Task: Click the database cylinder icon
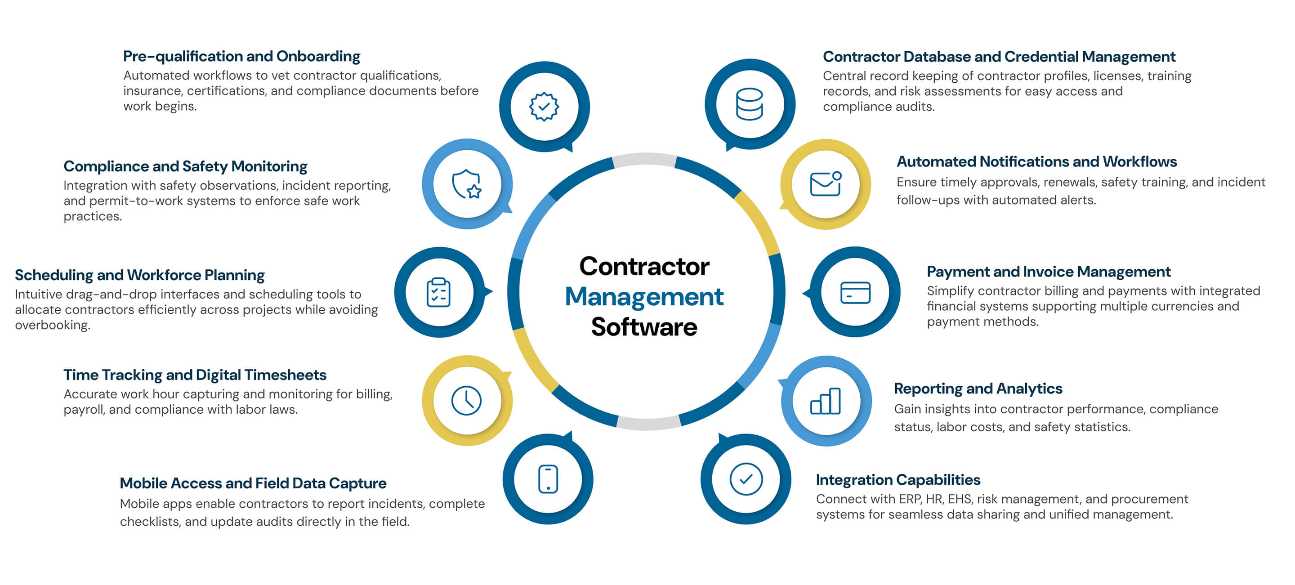[x=749, y=104]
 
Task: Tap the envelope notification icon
[x=826, y=184]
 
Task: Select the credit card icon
[x=855, y=292]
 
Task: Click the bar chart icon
[x=826, y=401]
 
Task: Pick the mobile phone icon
[x=548, y=479]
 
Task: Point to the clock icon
[x=467, y=401]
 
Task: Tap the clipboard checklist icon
[x=438, y=292]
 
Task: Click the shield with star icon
[x=467, y=184]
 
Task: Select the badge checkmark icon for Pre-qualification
[x=544, y=106]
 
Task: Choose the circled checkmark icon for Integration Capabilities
[x=746, y=479]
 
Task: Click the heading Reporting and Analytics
[x=978, y=389]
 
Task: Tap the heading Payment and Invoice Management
[x=1048, y=272]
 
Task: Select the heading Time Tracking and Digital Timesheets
[x=195, y=375]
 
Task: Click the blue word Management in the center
[x=644, y=296]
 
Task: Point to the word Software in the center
[x=644, y=327]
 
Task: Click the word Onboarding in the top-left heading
[x=318, y=56]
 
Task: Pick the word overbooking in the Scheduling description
[x=52, y=325]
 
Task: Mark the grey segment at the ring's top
[x=644, y=160]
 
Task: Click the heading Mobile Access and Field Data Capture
[x=253, y=483]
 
